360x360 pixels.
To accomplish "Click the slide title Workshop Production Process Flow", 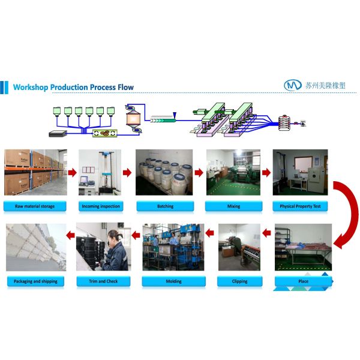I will [73, 87].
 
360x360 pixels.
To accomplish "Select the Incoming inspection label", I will [101, 206].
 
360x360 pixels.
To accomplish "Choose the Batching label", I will [165, 206].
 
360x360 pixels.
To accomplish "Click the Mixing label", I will [233, 206].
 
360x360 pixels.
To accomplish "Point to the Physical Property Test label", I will [300, 206].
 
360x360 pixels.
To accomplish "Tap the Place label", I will [303, 281].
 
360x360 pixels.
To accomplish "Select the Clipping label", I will [239, 281].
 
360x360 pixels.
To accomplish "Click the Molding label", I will [173, 281].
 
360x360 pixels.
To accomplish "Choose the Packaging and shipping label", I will [35, 281].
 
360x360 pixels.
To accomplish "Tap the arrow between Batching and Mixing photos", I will [199, 173].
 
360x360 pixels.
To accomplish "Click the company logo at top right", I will [292, 85].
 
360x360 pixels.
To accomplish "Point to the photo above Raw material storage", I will [35, 172].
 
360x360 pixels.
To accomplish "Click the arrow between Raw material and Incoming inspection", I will [72, 173].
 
